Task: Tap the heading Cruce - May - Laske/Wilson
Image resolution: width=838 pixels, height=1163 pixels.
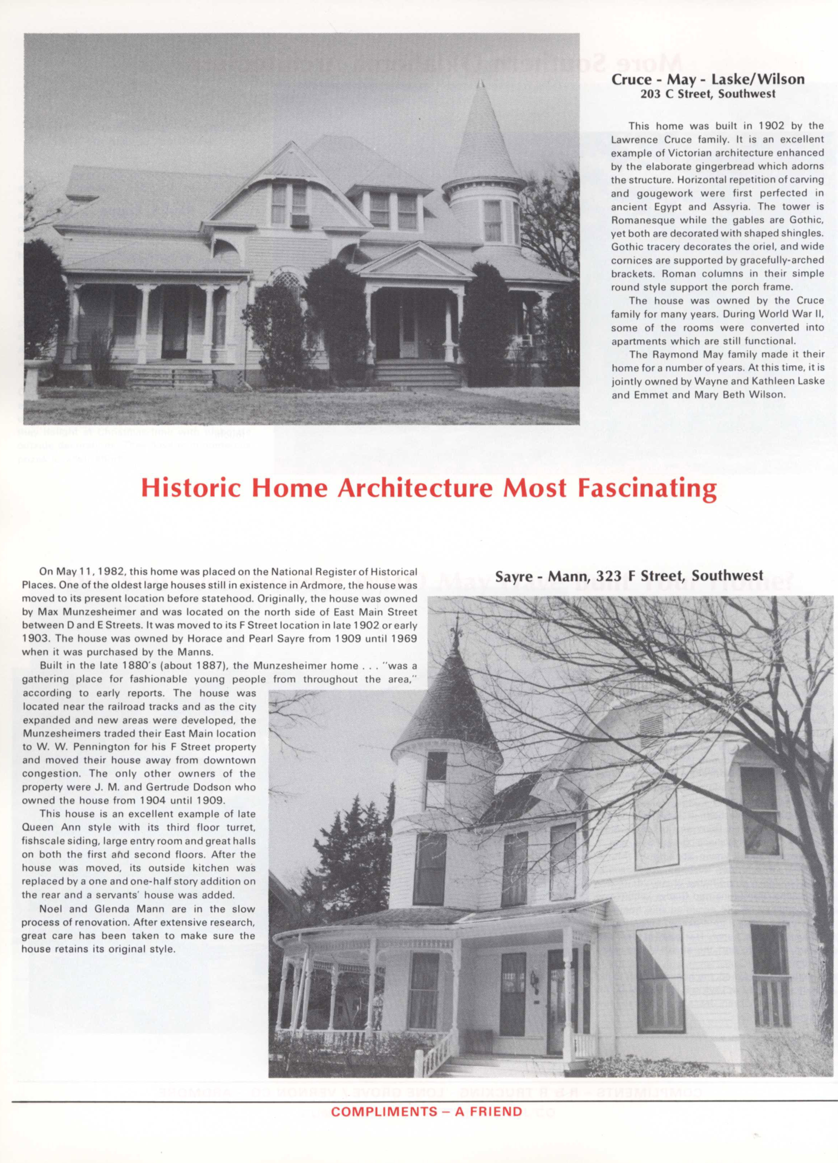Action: tap(708, 79)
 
